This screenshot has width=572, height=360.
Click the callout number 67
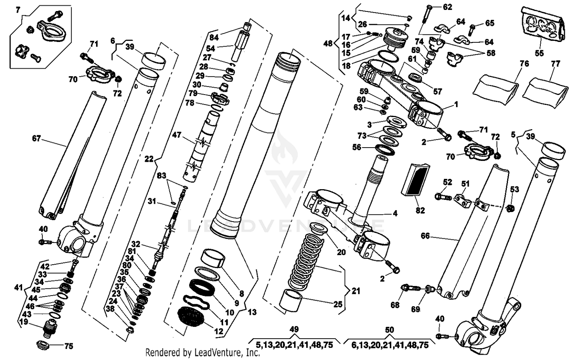click(36, 138)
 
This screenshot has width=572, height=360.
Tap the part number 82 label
click(420, 210)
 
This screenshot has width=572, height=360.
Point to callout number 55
click(539, 53)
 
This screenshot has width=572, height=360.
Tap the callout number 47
click(177, 135)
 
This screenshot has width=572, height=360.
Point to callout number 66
click(425, 236)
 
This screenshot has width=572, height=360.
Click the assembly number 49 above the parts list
click(294, 330)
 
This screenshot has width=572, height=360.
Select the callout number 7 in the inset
click(18, 10)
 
